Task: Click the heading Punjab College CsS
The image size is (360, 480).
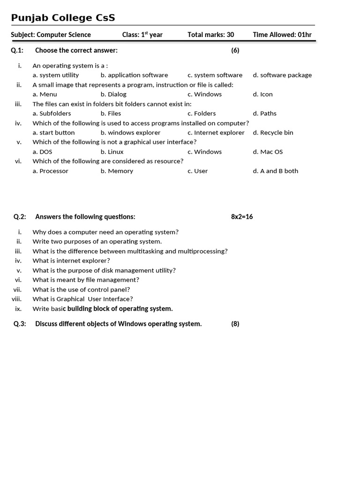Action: coord(63,18)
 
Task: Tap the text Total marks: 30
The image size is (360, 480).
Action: coord(210,35)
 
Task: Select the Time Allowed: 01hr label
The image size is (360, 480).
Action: coord(282,35)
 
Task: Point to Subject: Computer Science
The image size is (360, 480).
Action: coord(51,35)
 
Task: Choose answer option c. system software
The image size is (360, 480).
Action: coord(215,75)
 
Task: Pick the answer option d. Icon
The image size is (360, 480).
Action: coord(262,94)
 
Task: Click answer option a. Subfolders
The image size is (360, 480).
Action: coord(52,113)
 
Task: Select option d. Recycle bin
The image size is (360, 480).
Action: coord(273,133)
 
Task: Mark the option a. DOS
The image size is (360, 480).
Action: coord(42,152)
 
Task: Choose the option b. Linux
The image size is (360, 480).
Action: coord(112,152)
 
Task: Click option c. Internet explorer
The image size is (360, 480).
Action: coord(216,133)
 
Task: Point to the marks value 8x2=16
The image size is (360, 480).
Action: coord(242,217)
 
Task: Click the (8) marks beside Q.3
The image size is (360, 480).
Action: coord(235,324)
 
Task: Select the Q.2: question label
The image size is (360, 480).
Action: coord(20,217)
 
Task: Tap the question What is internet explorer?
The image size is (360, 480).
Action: coord(71,261)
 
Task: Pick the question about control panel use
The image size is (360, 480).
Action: coord(81,290)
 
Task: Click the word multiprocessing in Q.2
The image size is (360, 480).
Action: coord(202,251)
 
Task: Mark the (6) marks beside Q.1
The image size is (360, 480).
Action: coord(235,51)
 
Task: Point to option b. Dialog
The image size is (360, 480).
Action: coord(113,94)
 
